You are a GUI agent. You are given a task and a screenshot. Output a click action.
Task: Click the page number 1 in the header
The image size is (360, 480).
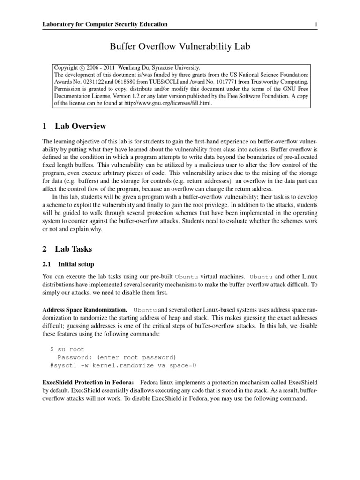point(316,24)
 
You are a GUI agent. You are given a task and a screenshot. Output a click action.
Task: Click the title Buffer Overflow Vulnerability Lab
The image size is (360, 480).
point(180,46)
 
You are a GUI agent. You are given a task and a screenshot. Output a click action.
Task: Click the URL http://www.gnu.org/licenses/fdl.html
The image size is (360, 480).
point(172,103)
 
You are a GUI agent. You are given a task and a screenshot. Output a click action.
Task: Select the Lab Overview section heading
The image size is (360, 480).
point(80,126)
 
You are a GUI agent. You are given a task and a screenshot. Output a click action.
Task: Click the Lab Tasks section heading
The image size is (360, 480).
point(74,249)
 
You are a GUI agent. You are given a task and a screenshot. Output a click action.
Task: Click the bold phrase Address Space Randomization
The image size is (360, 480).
point(84,310)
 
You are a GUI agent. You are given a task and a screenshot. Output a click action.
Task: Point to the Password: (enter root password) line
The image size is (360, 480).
point(117,357)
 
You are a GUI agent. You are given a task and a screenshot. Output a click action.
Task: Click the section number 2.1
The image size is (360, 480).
point(47,264)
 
